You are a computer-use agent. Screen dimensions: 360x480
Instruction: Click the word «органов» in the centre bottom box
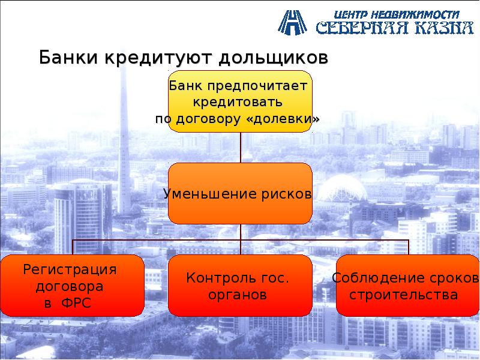click(238, 295)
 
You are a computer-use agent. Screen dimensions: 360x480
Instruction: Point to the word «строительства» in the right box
click(403, 295)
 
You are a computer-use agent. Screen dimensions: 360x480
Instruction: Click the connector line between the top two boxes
click(240, 147)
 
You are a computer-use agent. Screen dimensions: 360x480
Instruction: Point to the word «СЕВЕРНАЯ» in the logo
click(362, 28)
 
